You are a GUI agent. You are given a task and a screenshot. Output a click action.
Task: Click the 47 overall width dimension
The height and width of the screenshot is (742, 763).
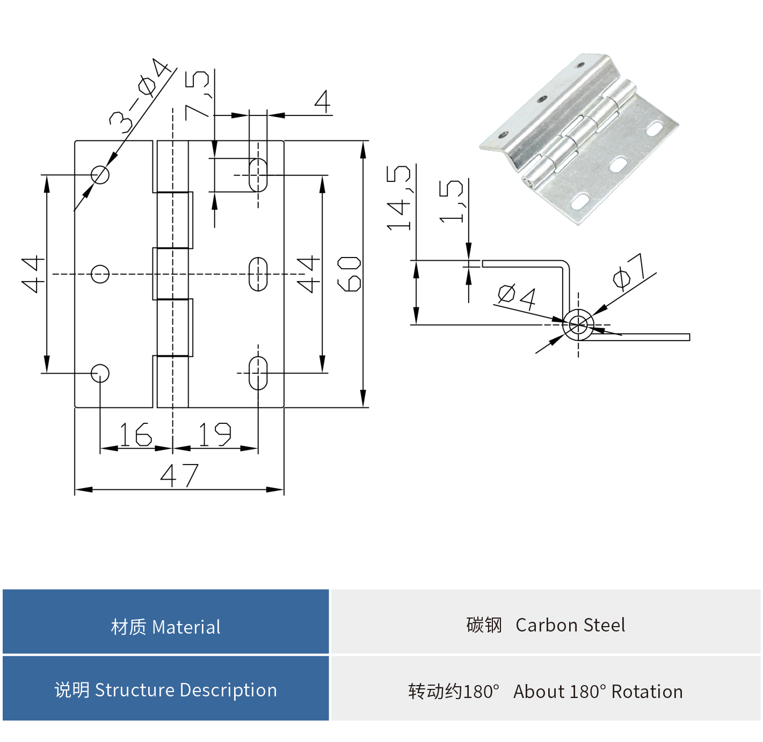click(179, 475)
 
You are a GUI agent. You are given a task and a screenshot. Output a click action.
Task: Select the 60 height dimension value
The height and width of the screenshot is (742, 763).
click(349, 274)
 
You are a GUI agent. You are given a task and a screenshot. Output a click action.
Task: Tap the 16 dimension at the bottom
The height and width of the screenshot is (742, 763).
click(135, 435)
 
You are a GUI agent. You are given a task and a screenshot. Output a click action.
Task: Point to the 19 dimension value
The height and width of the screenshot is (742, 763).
click(215, 435)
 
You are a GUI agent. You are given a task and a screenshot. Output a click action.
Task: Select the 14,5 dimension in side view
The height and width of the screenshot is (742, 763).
click(399, 198)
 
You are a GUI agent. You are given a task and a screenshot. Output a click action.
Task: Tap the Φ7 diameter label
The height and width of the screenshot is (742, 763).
click(629, 272)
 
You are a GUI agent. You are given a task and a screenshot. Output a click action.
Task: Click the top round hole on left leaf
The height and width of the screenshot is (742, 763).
click(100, 175)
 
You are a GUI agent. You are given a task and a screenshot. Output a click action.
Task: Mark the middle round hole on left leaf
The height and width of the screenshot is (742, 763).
click(100, 274)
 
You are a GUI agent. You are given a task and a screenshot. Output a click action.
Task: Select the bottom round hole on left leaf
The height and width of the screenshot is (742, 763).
click(100, 373)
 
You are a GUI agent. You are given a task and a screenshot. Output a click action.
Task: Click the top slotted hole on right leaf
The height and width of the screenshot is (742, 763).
click(258, 174)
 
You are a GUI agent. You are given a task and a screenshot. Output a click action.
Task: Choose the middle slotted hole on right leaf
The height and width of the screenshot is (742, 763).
click(258, 274)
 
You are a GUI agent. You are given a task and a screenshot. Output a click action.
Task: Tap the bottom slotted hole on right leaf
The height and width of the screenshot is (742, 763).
click(258, 373)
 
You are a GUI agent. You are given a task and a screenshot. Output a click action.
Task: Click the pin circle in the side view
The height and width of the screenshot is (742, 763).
click(578, 325)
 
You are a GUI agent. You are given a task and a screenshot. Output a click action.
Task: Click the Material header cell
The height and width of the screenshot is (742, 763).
click(165, 626)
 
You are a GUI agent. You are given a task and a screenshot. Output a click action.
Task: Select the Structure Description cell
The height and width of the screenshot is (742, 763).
click(165, 690)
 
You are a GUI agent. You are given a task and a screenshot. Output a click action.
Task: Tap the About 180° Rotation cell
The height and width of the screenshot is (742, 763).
click(546, 691)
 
